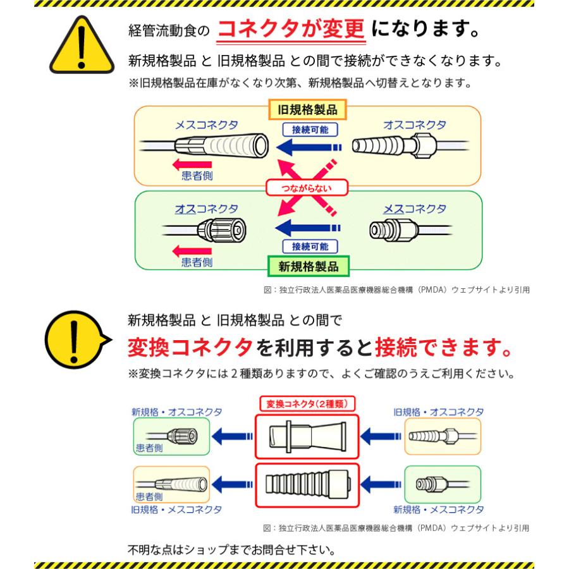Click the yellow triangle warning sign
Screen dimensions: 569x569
coord(79,47)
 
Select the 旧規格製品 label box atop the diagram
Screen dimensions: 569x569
coord(308,109)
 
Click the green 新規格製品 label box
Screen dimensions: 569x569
coord(308,266)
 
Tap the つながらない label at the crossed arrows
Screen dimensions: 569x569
coord(307,188)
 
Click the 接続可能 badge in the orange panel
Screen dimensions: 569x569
coord(310,130)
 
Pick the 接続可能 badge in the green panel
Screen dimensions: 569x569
coord(310,246)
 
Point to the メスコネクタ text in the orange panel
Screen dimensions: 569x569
coord(206,125)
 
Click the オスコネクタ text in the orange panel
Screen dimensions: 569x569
coord(414,125)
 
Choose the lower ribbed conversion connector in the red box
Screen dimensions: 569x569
coord(306,486)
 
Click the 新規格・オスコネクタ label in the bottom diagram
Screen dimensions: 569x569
coord(177,411)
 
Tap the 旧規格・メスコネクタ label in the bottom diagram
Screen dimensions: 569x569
coord(176,509)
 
